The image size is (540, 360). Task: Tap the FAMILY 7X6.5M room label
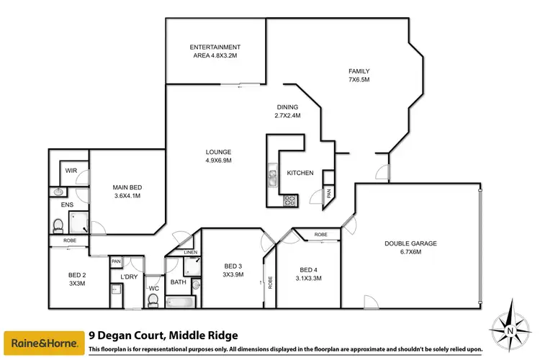pyautogui.click(x=359, y=76)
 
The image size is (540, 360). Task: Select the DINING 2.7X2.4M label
pyautogui.click(x=286, y=112)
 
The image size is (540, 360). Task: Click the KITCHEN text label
pyautogui.click(x=300, y=174)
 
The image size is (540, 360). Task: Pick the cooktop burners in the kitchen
pyautogui.click(x=289, y=201)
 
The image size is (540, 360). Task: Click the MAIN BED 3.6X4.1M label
pyautogui.click(x=126, y=192)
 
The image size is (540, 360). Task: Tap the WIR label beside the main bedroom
pyautogui.click(x=71, y=171)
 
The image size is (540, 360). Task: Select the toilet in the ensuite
pyautogui.click(x=58, y=227)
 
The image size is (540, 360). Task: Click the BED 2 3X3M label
pyautogui.click(x=77, y=279)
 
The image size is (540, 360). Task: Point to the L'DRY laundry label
pyautogui.click(x=129, y=276)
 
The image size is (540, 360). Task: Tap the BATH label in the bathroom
pyautogui.click(x=177, y=282)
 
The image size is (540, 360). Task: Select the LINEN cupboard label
pyautogui.click(x=190, y=253)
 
